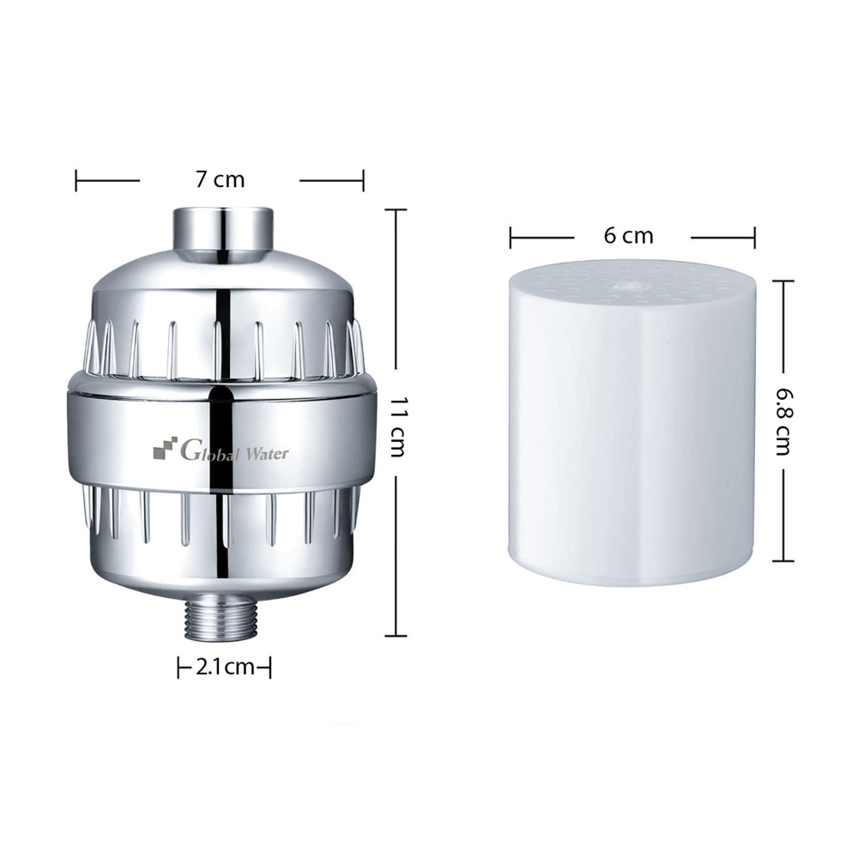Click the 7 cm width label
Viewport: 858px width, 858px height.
point(220,179)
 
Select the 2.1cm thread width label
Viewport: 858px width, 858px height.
point(224,668)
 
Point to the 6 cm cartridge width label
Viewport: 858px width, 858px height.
point(629,236)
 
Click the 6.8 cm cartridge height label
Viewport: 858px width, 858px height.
point(783,420)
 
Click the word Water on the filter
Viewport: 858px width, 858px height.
point(267,452)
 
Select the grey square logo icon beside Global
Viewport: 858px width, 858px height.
point(166,447)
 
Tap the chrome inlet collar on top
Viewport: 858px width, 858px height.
point(223,229)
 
